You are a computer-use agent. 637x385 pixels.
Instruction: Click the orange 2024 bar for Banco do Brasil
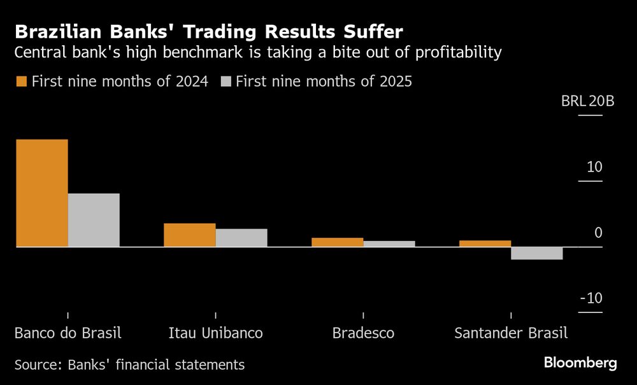point(41,192)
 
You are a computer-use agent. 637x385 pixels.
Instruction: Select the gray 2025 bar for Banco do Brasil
point(94,220)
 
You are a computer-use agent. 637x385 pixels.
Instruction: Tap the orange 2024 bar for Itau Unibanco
point(189,235)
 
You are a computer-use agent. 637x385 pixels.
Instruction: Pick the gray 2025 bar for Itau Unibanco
point(241,238)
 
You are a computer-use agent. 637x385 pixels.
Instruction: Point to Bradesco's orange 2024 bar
point(337,242)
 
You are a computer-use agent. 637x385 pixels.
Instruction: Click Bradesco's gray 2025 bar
point(389,243)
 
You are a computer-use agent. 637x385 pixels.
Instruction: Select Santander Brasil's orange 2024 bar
point(485,243)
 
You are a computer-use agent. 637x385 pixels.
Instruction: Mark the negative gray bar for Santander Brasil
point(537,253)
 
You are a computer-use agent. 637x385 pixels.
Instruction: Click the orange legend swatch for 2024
point(21,82)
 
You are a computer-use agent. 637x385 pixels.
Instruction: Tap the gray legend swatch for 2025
point(226,82)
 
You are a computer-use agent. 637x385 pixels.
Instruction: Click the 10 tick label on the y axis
point(594,168)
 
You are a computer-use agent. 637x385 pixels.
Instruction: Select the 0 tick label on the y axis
point(598,233)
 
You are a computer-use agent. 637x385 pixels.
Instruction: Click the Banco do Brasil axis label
point(68,333)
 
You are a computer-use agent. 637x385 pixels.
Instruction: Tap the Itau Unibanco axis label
point(215,333)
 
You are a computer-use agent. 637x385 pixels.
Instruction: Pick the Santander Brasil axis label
point(510,333)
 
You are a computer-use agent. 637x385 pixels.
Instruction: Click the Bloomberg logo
point(580,363)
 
